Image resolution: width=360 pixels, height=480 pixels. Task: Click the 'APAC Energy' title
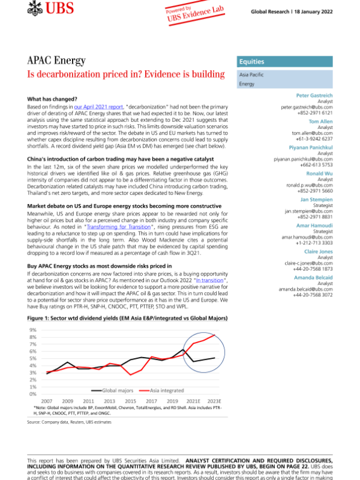pyautogui.click(x=56, y=61)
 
